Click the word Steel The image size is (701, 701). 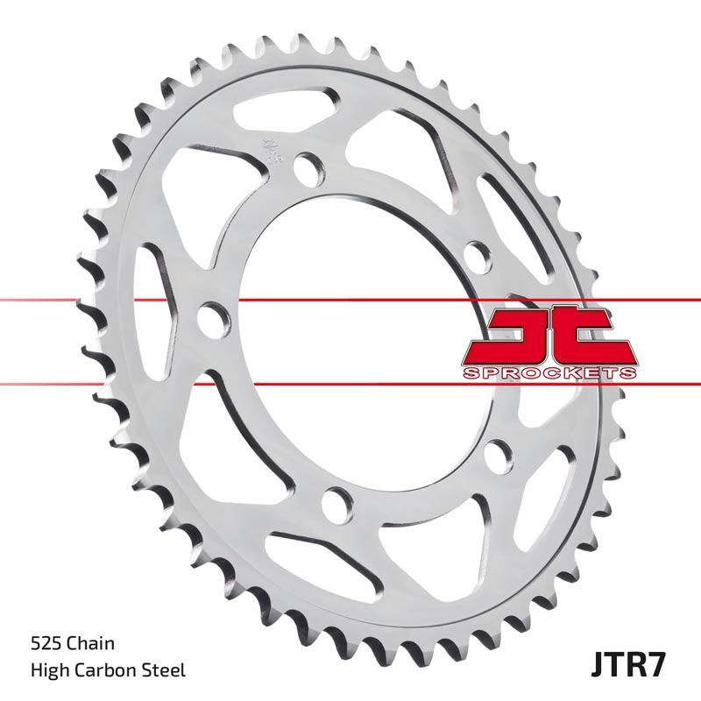[x=165, y=670]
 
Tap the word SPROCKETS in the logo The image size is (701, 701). [x=549, y=372]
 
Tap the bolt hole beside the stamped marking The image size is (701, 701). [x=306, y=166]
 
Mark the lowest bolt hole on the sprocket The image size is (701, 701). [x=335, y=502]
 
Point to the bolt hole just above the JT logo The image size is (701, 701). [x=477, y=251]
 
